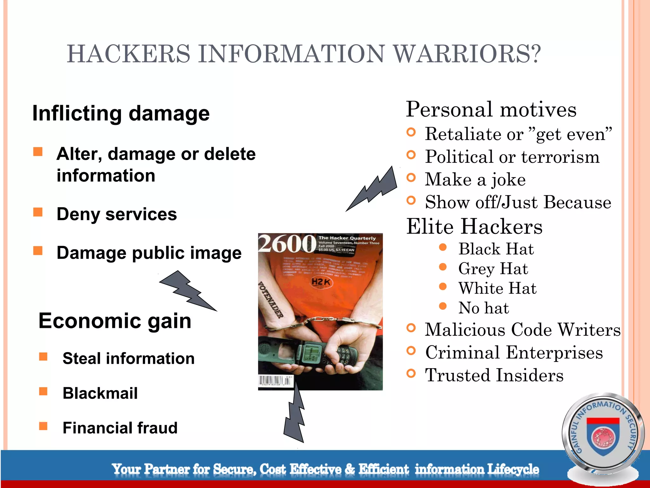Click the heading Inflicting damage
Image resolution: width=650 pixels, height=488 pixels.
click(121, 113)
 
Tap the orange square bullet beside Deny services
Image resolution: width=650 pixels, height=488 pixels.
click(38, 212)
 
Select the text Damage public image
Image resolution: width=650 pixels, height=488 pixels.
click(149, 253)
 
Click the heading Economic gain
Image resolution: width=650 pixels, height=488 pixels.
click(115, 321)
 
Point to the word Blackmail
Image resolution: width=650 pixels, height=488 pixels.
click(100, 393)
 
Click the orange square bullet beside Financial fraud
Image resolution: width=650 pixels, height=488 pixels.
click(43, 426)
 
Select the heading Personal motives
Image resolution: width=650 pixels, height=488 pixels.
click(491, 110)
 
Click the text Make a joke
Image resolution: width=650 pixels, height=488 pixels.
click(475, 180)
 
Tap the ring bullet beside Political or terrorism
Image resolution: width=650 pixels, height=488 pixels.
click(411, 155)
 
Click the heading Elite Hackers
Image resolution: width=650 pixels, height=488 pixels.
click(474, 227)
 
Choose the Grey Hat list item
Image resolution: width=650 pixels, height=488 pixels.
click(493, 269)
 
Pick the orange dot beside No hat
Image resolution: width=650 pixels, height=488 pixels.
click(443, 306)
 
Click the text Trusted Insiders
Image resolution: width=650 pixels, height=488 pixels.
click(494, 375)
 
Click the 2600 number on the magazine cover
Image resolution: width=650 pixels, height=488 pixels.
click(287, 244)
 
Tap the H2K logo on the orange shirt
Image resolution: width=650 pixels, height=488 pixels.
click(321, 282)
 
